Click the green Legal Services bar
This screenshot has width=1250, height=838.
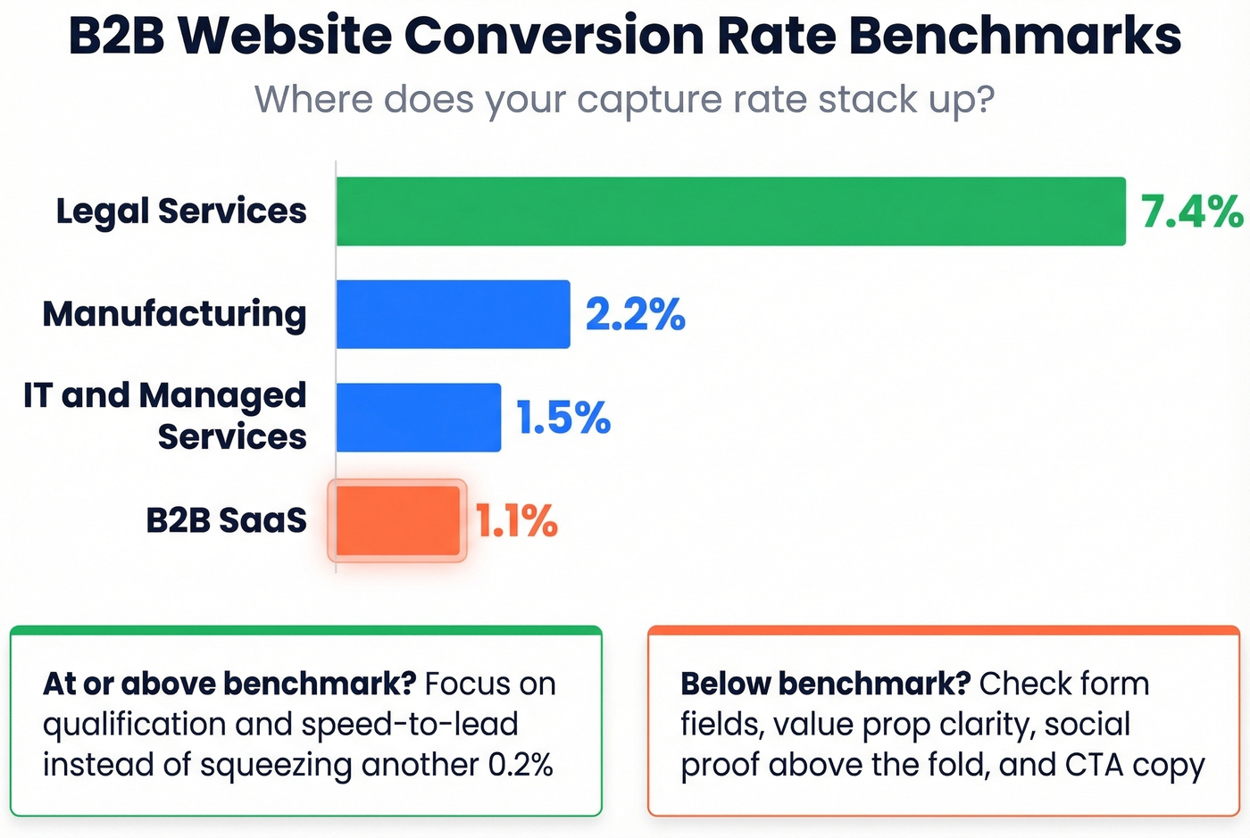pyautogui.click(x=730, y=212)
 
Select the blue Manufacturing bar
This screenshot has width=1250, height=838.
pyautogui.click(x=453, y=314)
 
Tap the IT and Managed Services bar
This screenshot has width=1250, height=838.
pyautogui.click(x=418, y=418)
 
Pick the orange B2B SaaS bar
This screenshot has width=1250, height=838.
pyautogui.click(x=397, y=521)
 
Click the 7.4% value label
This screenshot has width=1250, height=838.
pyautogui.click(x=1191, y=212)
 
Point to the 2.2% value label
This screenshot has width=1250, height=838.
pyautogui.click(x=635, y=315)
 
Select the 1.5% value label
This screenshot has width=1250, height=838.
pyautogui.click(x=563, y=418)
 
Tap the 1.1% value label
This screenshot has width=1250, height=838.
pyautogui.click(x=516, y=521)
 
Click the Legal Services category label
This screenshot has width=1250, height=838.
pyautogui.click(x=181, y=212)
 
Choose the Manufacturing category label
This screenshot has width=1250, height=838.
pyautogui.click(x=175, y=314)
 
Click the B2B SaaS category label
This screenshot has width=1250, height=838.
pyautogui.click(x=226, y=520)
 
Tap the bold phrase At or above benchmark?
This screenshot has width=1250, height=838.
pyautogui.click(x=229, y=685)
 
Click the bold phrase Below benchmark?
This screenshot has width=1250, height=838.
pyautogui.click(x=825, y=685)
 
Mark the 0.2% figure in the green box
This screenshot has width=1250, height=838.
pyautogui.click(x=521, y=765)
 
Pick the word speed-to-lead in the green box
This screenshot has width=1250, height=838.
pyautogui.click(x=410, y=725)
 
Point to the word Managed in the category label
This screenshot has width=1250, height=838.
pyautogui.click(x=222, y=396)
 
